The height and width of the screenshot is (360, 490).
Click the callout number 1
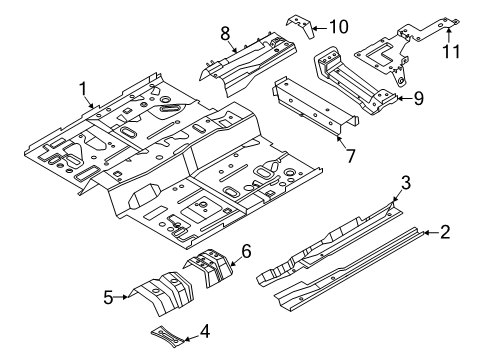[83, 89]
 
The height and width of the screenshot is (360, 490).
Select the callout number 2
[445, 232]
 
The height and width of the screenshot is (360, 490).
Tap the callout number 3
[405, 183]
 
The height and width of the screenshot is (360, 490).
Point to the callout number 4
[205, 332]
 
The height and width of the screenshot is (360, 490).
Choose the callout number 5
[108, 297]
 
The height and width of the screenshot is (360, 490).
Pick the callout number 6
[246, 251]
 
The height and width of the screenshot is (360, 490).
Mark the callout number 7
[350, 156]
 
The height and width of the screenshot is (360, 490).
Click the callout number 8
[225, 34]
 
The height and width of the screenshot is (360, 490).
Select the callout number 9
[418, 98]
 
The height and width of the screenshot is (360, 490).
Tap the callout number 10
[339, 27]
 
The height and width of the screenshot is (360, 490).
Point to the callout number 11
[451, 51]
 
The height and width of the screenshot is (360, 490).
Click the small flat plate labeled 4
[167, 337]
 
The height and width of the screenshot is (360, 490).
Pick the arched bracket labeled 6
[209, 267]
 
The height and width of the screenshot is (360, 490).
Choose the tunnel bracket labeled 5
[163, 292]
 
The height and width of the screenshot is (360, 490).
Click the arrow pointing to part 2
[432, 232]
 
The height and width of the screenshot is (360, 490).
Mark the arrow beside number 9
[405, 98]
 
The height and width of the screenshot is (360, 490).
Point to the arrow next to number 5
[121, 297]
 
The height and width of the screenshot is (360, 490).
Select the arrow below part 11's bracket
[449, 35]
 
